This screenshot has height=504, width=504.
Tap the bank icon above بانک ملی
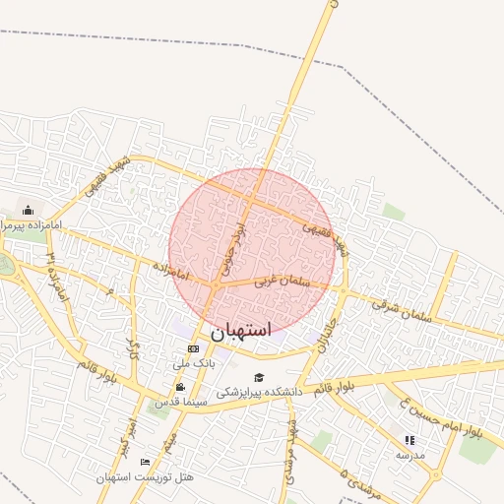pyautogui.click(x=193, y=348)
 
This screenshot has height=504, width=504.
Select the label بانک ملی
pyautogui.click(x=193, y=363)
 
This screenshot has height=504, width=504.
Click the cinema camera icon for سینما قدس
pyautogui.click(x=180, y=387)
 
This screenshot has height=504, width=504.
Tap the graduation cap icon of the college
pyautogui.click(x=259, y=377)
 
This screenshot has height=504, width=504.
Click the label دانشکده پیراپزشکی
pyautogui.click(x=258, y=392)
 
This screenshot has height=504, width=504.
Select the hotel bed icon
pyautogui.click(x=146, y=462)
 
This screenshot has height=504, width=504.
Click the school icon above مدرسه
pyautogui.click(x=409, y=440)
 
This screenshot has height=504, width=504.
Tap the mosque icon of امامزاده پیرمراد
pyautogui.click(x=28, y=211)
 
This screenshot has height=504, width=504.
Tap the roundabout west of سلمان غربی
pyautogui.click(x=215, y=286)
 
